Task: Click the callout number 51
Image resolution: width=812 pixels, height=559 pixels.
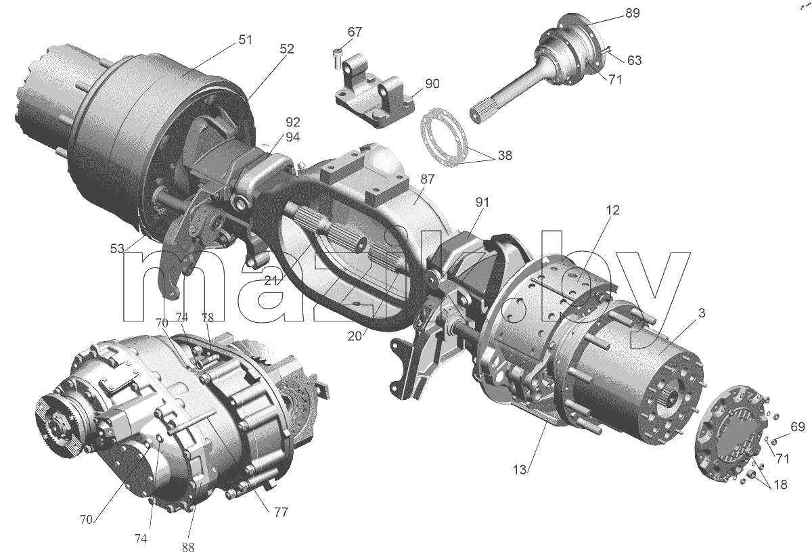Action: pyautogui.click(x=246, y=39)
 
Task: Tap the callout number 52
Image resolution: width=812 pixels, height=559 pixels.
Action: pyautogui.click(x=287, y=49)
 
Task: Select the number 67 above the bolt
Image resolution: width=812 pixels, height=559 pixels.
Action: pyautogui.click(x=355, y=32)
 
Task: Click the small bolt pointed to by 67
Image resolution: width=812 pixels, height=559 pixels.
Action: pyautogui.click(x=338, y=59)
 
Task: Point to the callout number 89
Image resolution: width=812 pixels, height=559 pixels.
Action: pyautogui.click(x=633, y=13)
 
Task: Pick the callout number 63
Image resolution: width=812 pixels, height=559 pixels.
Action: pyautogui.click(x=635, y=60)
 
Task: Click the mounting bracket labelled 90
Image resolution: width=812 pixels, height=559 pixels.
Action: pyautogui.click(x=374, y=91)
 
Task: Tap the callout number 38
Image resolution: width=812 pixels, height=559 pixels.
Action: pyautogui.click(x=505, y=155)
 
